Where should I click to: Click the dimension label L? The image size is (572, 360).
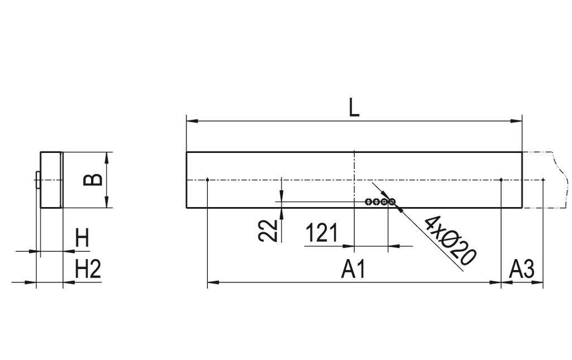pos(354,108)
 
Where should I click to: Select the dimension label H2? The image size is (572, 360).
pos(88,270)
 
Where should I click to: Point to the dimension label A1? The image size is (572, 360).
pos(354,270)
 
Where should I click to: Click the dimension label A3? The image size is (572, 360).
pos(522,270)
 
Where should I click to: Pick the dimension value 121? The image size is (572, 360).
pos(322,233)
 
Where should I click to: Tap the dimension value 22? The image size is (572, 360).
pos(269,229)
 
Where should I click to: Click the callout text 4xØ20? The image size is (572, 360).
pos(450,239)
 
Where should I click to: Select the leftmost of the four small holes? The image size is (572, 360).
pos(368,201)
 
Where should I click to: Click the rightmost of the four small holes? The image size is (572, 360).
pos(392,201)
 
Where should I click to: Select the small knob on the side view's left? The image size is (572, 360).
pos(37,180)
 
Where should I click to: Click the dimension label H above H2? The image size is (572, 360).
pos(82,239)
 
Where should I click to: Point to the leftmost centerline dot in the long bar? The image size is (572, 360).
pos(207,179)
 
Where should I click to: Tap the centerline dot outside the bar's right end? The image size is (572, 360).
pos(543,179)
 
